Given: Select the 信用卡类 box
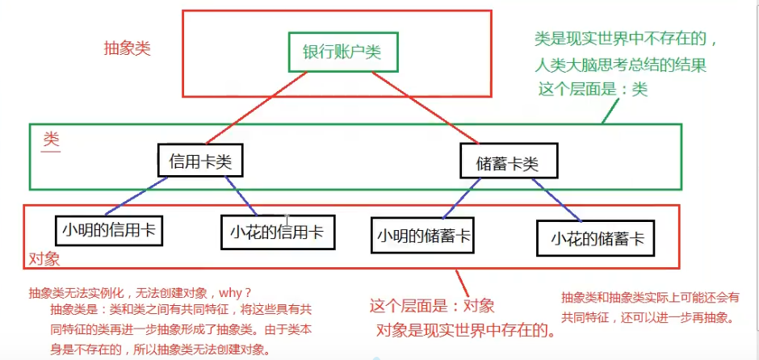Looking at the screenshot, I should pyautogui.click(x=199, y=161).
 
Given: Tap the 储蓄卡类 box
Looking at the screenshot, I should pyautogui.click(x=509, y=162).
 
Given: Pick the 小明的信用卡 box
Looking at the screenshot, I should pyautogui.click(x=108, y=230).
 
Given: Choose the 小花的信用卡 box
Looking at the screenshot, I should pyautogui.click(x=276, y=232).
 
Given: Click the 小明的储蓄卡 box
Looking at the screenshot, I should pyautogui.click(x=424, y=236).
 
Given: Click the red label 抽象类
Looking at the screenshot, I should pyautogui.click(x=127, y=48).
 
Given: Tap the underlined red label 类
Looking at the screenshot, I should pyautogui.click(x=51, y=139).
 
